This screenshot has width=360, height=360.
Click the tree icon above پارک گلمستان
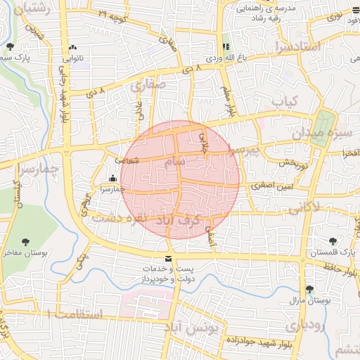(x=333, y=241)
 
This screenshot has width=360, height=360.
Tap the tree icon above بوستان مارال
(x=309, y=289)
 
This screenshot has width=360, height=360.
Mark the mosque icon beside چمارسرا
(x=113, y=179)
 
